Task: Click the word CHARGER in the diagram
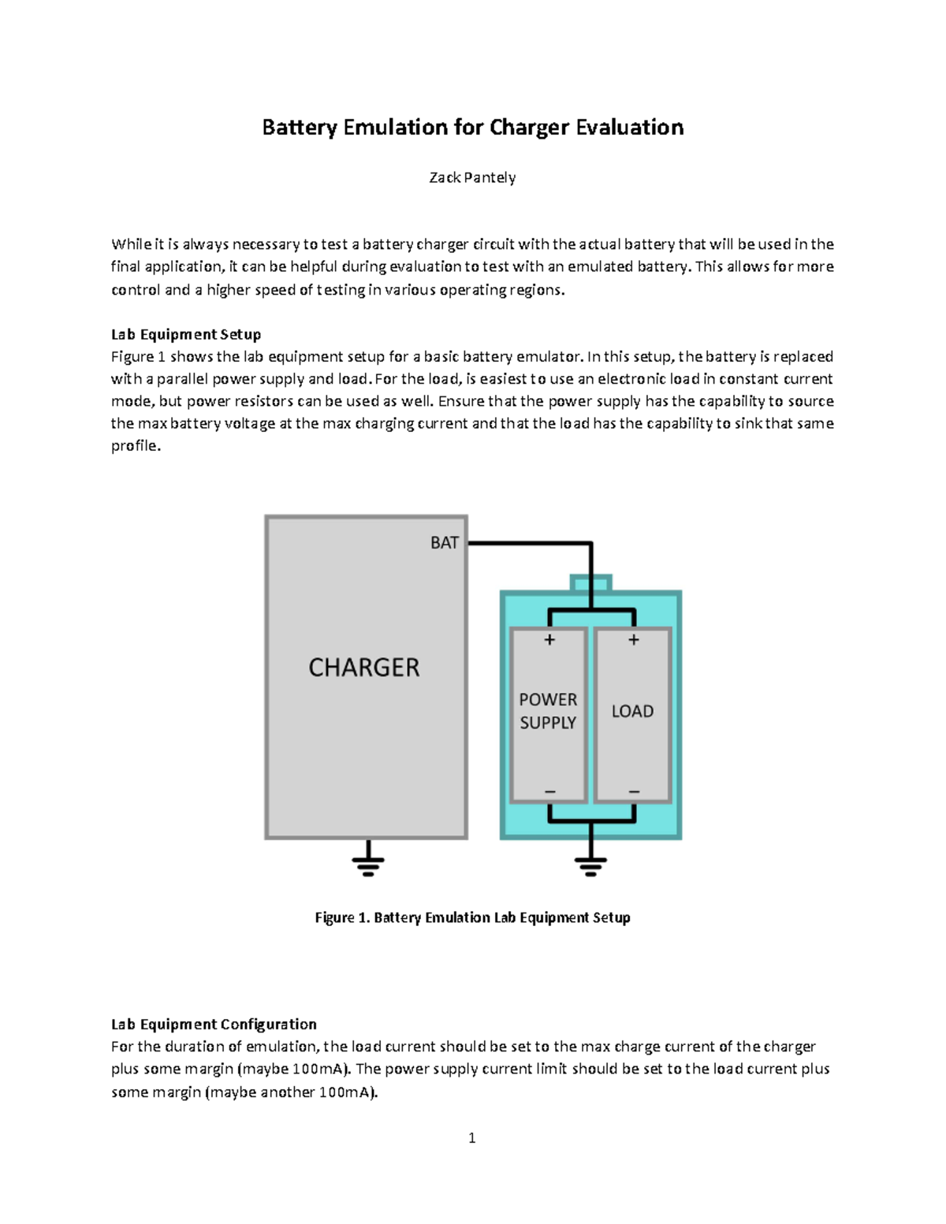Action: (363, 668)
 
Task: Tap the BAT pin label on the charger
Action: (444, 542)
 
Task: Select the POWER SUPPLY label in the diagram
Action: (548, 711)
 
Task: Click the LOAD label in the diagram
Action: (632, 711)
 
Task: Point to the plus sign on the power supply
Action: (549, 640)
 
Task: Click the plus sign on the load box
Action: (633, 640)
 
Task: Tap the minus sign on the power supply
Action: (549, 791)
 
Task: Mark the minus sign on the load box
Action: (633, 791)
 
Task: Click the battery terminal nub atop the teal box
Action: (590, 583)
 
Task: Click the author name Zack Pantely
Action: (472, 177)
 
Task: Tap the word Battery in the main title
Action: (300, 128)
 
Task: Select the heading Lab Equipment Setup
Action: (186, 334)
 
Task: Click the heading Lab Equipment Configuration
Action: (214, 1024)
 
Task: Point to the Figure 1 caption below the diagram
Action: (472, 917)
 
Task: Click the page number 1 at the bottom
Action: (471, 1137)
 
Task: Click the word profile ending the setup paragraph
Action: (135, 446)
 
